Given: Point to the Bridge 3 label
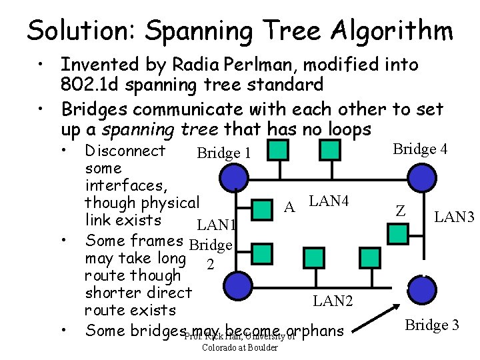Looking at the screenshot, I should click(x=432, y=325).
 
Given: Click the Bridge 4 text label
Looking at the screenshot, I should click(x=420, y=149).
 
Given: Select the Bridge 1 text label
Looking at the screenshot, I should click(x=224, y=153).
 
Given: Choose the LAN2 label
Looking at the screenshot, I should click(x=333, y=301).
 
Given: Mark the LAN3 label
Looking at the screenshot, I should click(x=454, y=217).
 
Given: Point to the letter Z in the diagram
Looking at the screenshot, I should click(x=401, y=211).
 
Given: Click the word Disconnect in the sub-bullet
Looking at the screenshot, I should click(x=126, y=151).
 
